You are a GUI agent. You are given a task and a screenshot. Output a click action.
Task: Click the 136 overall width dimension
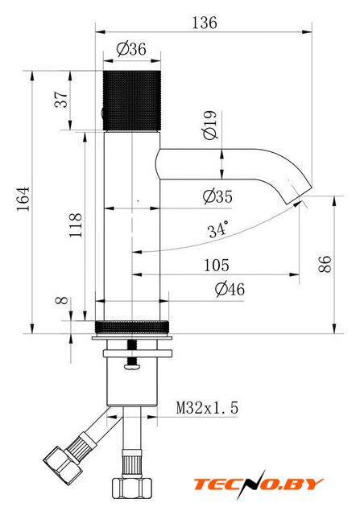[205, 23]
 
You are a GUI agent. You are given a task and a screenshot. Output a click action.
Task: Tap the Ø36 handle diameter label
[131, 49]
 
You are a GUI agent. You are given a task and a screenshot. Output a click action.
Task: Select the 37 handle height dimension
[61, 100]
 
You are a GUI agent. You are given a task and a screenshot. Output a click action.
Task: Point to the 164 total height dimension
[23, 199]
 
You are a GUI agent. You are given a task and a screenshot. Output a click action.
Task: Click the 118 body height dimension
[75, 225]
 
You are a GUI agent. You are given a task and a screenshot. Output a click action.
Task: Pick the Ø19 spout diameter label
[210, 126]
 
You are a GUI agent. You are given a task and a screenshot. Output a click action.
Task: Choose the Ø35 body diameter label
[217, 196]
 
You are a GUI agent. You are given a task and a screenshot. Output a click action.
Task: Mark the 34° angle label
[217, 229]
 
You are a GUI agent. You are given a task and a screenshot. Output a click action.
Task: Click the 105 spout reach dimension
[217, 266]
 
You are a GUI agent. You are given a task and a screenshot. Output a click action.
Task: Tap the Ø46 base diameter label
[230, 290]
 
